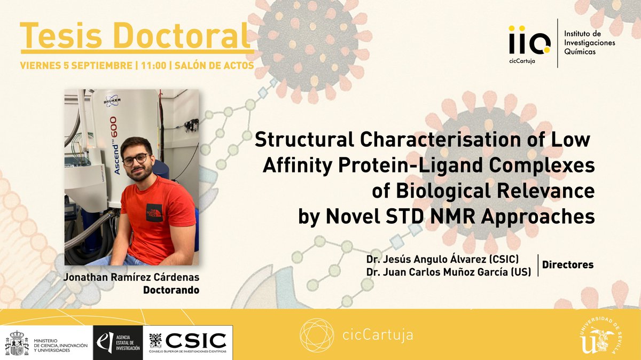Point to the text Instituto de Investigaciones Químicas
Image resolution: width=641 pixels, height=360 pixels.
(589, 43)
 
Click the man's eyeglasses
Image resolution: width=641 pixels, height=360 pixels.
(135, 160)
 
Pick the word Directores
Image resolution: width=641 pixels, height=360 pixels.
(567, 265)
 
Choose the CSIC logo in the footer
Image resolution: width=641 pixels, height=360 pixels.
(191, 342)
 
